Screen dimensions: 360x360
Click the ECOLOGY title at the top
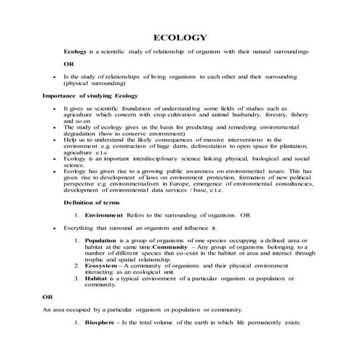pos(180,37)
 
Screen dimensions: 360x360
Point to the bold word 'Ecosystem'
pos(103,266)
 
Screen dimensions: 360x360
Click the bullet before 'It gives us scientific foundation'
pos(55,108)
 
